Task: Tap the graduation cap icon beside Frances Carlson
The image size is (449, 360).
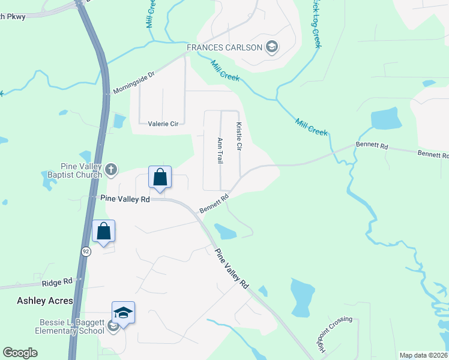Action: (x=271, y=47)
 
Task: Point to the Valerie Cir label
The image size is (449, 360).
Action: (x=163, y=124)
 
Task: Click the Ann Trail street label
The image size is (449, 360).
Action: (x=220, y=150)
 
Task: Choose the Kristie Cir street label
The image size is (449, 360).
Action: (x=239, y=137)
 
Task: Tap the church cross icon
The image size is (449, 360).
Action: (x=110, y=170)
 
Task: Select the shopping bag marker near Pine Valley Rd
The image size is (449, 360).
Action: (x=160, y=178)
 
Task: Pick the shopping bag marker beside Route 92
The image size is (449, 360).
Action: (x=103, y=232)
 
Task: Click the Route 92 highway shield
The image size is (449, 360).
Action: (x=86, y=253)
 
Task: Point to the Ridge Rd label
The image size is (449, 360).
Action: (x=57, y=281)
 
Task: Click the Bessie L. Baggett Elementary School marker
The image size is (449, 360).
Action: (x=123, y=313)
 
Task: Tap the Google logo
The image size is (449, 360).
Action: (x=20, y=353)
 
